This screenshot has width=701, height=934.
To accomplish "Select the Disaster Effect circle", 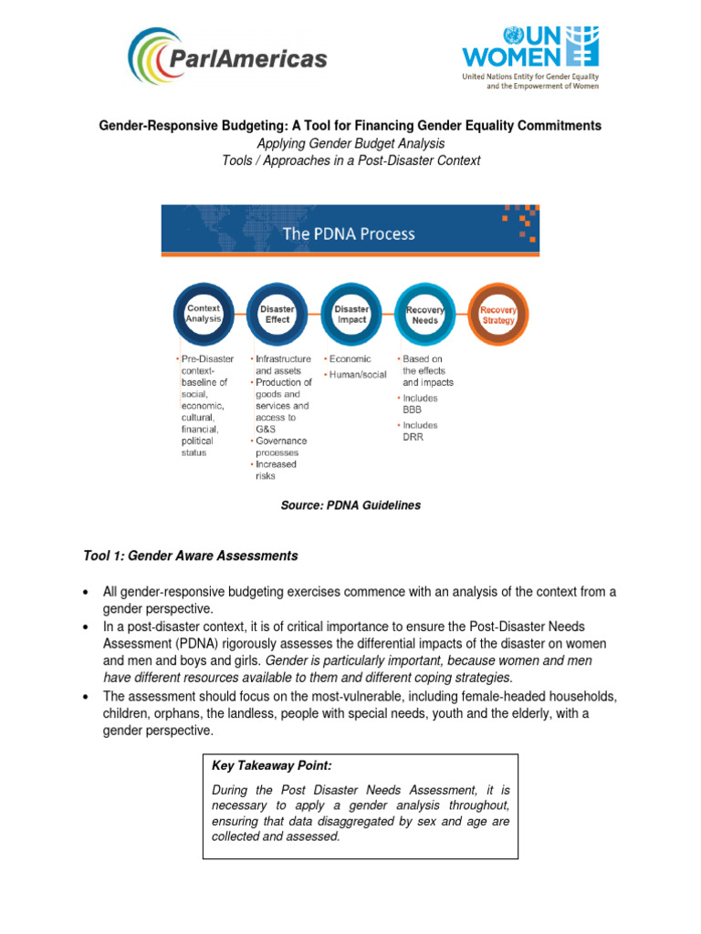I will (x=277, y=315).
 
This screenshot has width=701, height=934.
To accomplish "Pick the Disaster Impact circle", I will (x=351, y=315).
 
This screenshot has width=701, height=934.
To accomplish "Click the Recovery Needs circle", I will (x=424, y=315).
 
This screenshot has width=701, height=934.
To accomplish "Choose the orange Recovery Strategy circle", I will (x=498, y=315).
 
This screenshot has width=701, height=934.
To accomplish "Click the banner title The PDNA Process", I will (x=349, y=233).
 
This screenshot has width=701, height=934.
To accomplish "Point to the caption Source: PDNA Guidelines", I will (x=350, y=504).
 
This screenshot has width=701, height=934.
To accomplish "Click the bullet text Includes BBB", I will (x=420, y=404).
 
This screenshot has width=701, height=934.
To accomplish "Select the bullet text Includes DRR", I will (x=420, y=431).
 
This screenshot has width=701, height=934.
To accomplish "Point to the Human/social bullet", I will (x=357, y=374).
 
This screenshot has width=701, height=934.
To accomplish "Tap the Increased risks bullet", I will (x=276, y=470).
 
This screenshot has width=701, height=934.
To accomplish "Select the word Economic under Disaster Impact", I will (x=350, y=359).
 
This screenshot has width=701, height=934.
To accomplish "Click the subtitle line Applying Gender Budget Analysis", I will (x=350, y=143).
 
